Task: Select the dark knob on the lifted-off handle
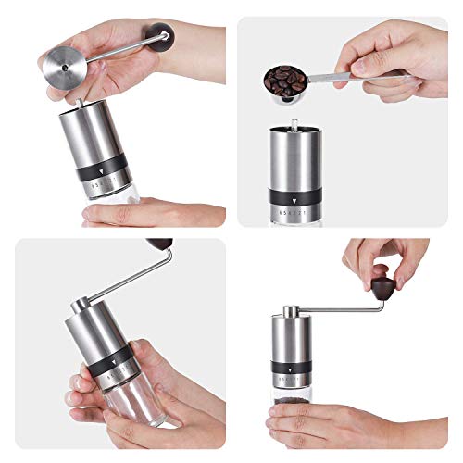pos(164,39)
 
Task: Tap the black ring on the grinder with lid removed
pos(103,169)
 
